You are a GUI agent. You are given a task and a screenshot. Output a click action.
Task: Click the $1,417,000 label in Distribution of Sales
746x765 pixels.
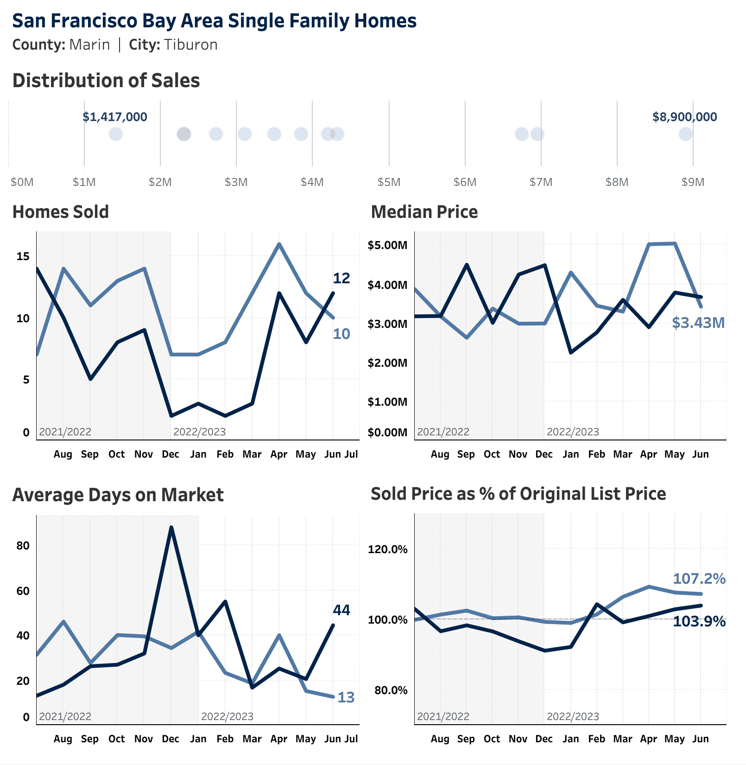pyautogui.click(x=115, y=117)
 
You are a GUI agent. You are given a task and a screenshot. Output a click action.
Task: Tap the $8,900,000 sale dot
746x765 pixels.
pyautogui.click(x=685, y=134)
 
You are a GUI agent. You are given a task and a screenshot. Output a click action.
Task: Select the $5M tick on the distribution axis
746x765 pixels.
pyautogui.click(x=389, y=182)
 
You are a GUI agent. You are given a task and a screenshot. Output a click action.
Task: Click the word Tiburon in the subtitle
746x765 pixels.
pyautogui.click(x=190, y=45)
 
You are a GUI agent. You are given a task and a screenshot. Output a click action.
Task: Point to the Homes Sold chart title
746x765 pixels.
pyautogui.click(x=61, y=212)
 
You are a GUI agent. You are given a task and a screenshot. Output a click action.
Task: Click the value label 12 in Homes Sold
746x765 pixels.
pyautogui.click(x=341, y=278)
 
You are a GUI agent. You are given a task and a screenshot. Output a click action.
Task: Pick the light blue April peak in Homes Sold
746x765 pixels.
pyautogui.click(x=279, y=244)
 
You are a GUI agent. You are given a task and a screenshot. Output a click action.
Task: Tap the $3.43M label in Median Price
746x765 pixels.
pyautogui.click(x=698, y=323)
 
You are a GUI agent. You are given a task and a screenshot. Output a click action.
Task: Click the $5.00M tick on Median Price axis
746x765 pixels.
pyautogui.click(x=387, y=245)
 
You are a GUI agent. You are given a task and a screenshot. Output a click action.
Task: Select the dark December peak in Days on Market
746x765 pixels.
pyautogui.click(x=171, y=528)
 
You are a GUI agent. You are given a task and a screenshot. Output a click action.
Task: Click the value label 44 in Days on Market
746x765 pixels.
pyautogui.click(x=341, y=610)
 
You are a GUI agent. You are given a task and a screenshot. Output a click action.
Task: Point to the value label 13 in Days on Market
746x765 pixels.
pyautogui.click(x=346, y=697)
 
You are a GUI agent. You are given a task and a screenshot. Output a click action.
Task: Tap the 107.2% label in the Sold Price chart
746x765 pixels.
pyautogui.click(x=699, y=579)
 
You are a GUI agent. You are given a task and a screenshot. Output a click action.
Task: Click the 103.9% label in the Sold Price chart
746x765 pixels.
pyautogui.click(x=699, y=621)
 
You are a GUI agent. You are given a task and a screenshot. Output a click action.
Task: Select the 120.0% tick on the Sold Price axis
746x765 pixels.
pyautogui.click(x=387, y=549)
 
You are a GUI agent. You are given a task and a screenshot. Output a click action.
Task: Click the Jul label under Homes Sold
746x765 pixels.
pyautogui.click(x=351, y=454)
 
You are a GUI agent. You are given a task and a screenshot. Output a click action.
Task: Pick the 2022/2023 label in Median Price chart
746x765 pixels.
pyautogui.click(x=573, y=432)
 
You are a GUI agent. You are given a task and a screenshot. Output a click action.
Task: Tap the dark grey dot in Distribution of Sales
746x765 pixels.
pyautogui.click(x=184, y=134)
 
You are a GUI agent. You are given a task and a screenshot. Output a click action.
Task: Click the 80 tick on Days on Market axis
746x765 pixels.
pyautogui.click(x=23, y=546)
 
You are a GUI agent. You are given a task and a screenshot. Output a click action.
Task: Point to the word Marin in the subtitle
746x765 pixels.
pyautogui.click(x=89, y=45)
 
